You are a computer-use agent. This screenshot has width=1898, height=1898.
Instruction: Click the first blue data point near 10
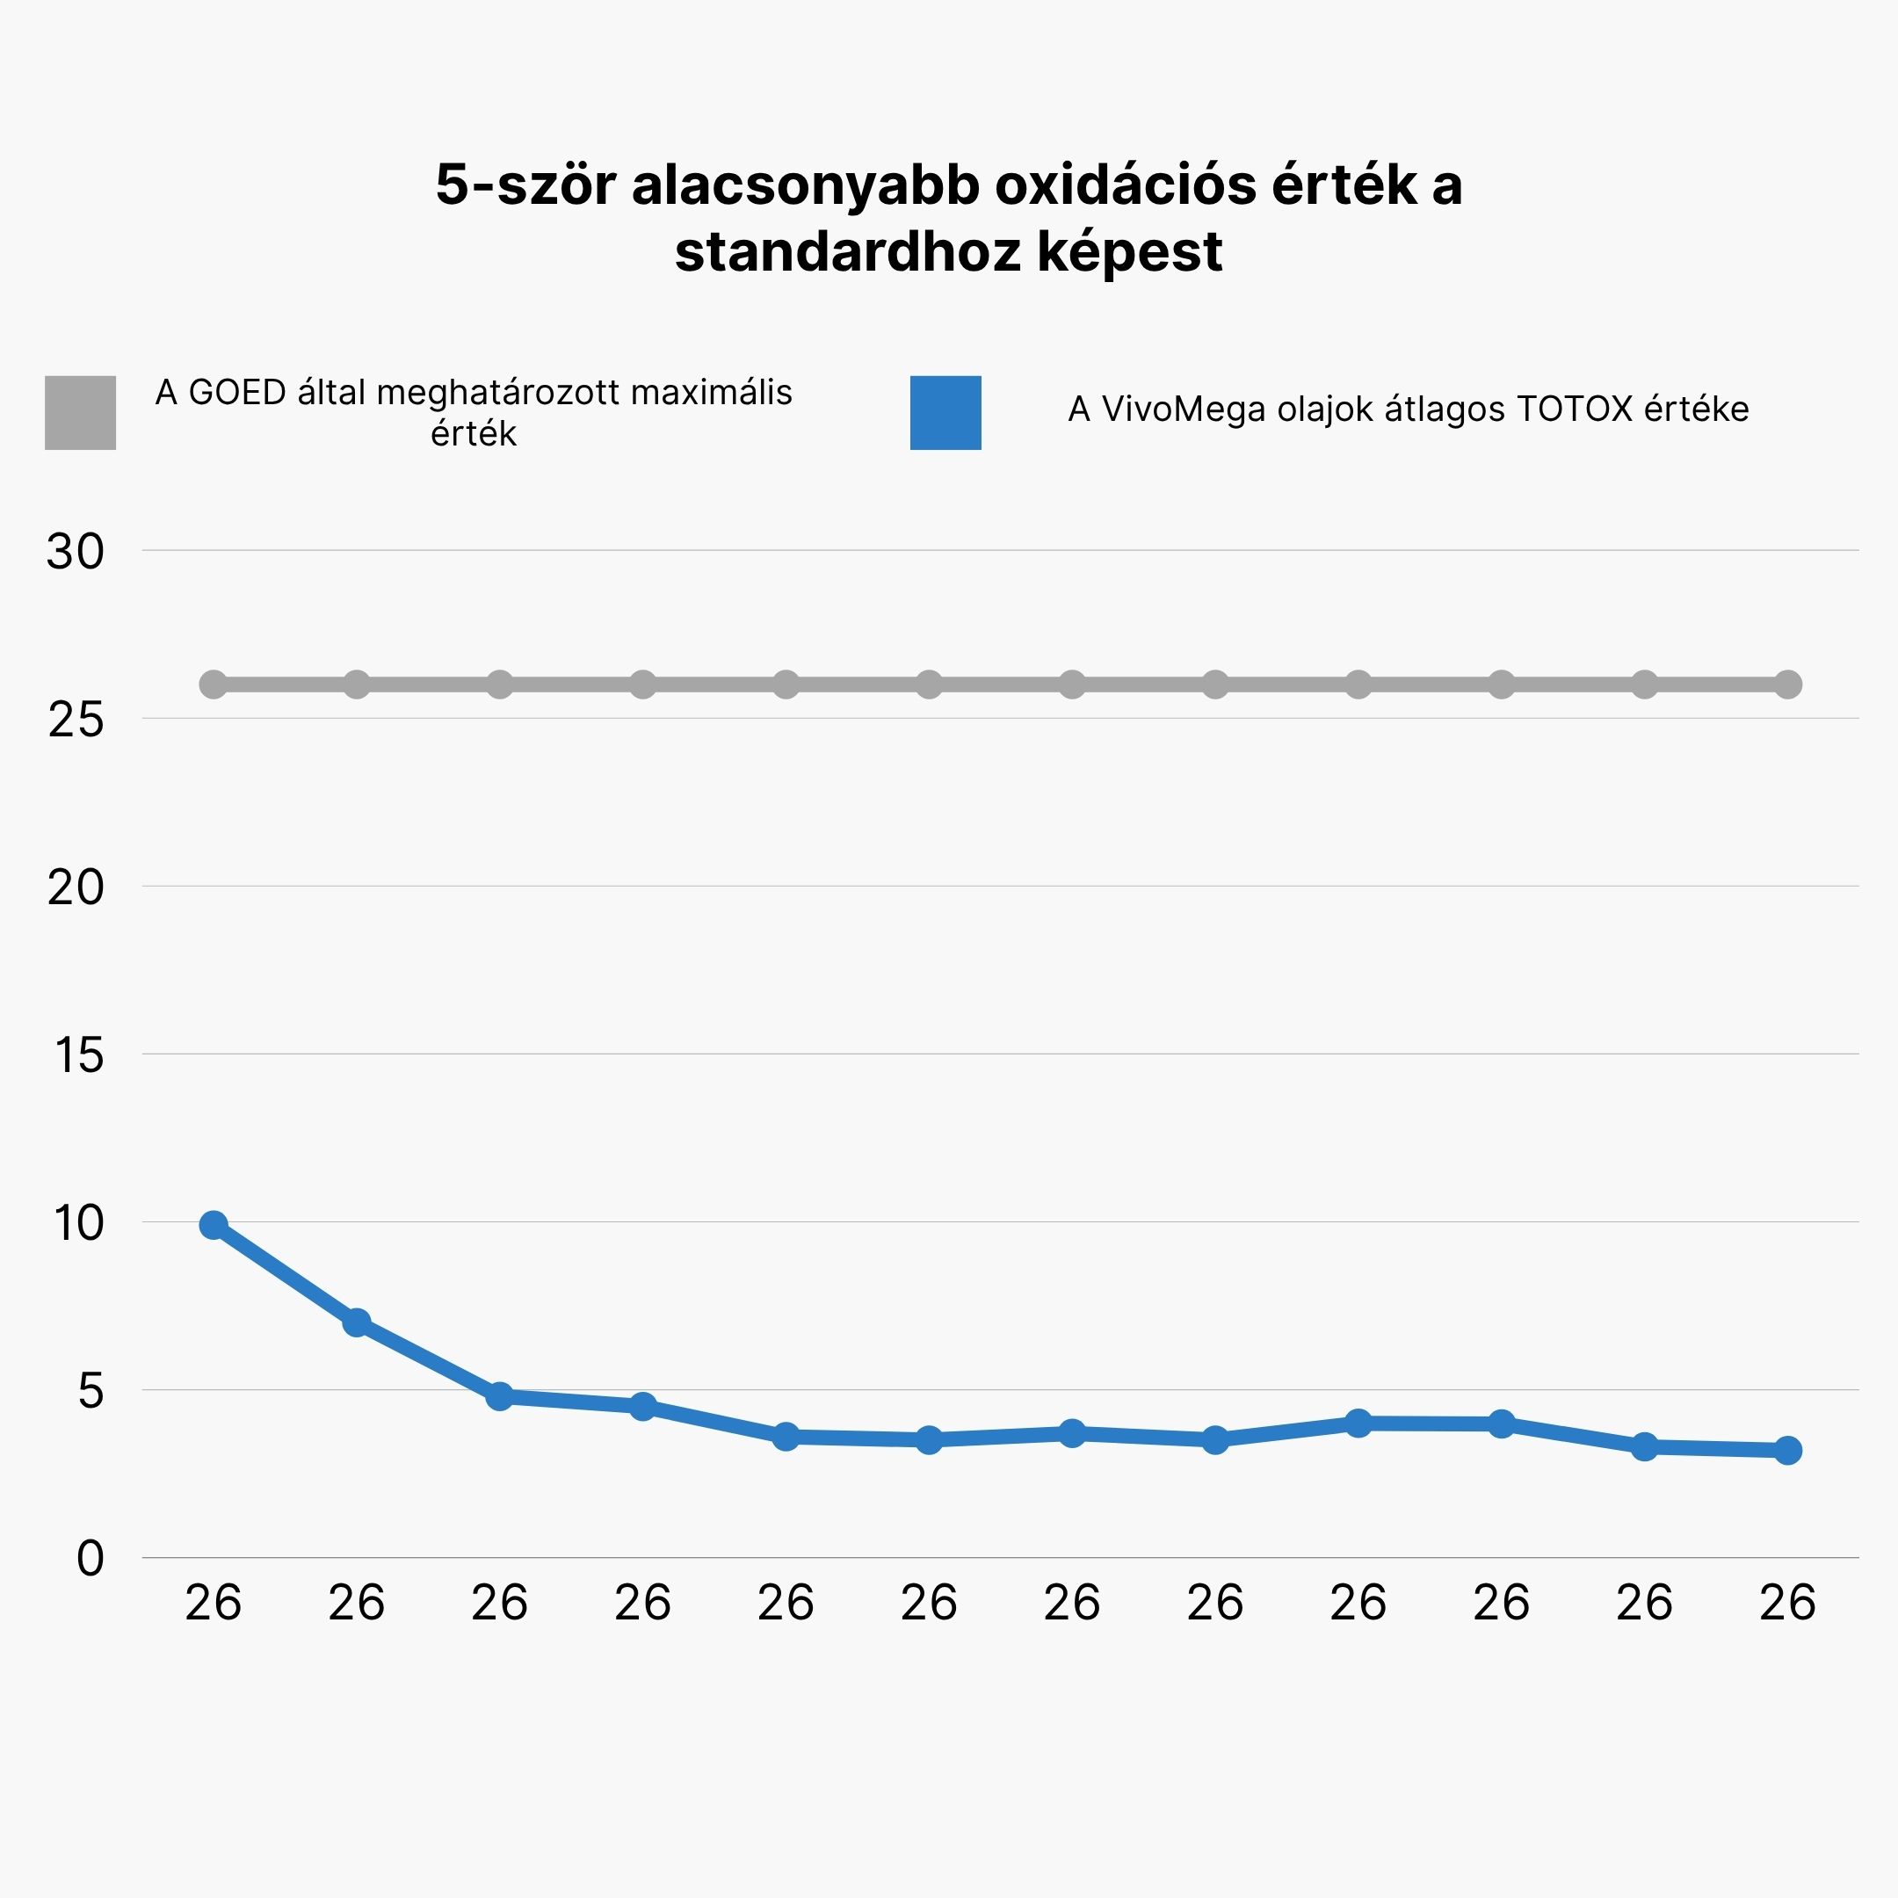pyautogui.click(x=214, y=1225)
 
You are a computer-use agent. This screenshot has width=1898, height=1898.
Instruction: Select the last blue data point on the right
pyautogui.click(x=1788, y=1450)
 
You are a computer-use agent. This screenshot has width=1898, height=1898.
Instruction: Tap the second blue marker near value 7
pyautogui.click(x=357, y=1322)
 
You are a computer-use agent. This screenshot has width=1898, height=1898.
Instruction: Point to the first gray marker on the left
pyautogui.click(x=214, y=684)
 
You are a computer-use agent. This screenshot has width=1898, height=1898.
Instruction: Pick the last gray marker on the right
pyautogui.click(x=1788, y=684)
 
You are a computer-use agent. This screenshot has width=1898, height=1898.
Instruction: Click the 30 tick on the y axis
pyautogui.click(x=76, y=552)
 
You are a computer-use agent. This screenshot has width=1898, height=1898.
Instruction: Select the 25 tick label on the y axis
pyautogui.click(x=76, y=721)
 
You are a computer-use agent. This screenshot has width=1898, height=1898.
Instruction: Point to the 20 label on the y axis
pyautogui.click(x=76, y=888)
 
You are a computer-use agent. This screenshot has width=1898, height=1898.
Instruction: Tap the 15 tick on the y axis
pyautogui.click(x=78, y=1056)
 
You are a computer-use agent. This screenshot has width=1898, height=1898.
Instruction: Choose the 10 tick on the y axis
pyautogui.click(x=78, y=1224)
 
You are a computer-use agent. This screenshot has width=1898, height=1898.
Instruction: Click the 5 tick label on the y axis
pyautogui.click(x=91, y=1392)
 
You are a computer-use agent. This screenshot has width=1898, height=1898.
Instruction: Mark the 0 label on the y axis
pyautogui.click(x=91, y=1559)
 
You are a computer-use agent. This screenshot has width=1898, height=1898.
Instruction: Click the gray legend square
pyautogui.click(x=81, y=413)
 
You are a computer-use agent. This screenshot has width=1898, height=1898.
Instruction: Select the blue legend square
pyautogui.click(x=945, y=413)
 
